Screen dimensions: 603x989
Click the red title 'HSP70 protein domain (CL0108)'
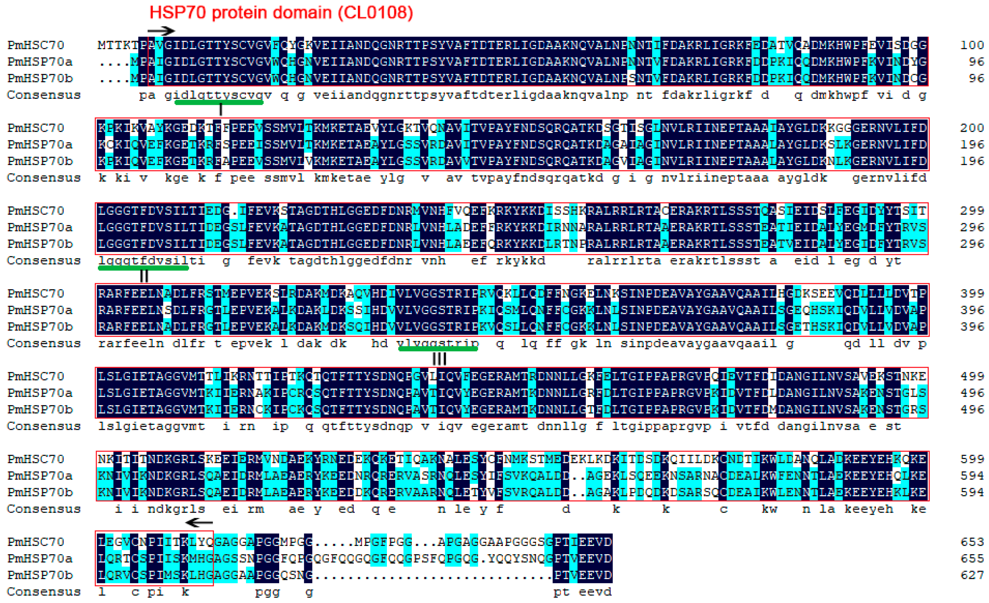(x=281, y=13)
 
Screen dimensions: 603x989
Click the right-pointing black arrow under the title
(x=161, y=31)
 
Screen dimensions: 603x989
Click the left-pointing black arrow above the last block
(x=199, y=522)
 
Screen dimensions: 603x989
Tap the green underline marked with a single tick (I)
(x=219, y=103)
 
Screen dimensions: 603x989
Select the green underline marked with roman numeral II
(x=143, y=268)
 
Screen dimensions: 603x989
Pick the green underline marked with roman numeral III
(x=438, y=349)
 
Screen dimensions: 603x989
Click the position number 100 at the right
(x=972, y=45)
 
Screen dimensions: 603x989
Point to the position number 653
(x=972, y=542)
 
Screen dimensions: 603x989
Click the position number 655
(x=972, y=559)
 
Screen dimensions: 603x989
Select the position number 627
(x=972, y=575)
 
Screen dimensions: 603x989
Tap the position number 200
(x=972, y=128)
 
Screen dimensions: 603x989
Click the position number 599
(x=972, y=459)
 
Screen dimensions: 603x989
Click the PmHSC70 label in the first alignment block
(x=36, y=45)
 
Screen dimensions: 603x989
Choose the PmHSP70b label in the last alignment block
(x=40, y=575)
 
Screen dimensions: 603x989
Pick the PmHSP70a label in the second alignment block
(x=40, y=144)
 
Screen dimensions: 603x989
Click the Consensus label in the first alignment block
(x=44, y=95)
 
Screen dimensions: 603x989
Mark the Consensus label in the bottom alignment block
(x=44, y=592)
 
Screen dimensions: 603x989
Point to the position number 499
(x=972, y=376)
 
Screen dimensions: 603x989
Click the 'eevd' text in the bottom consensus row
(x=595, y=592)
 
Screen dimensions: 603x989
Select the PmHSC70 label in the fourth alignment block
(x=36, y=294)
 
